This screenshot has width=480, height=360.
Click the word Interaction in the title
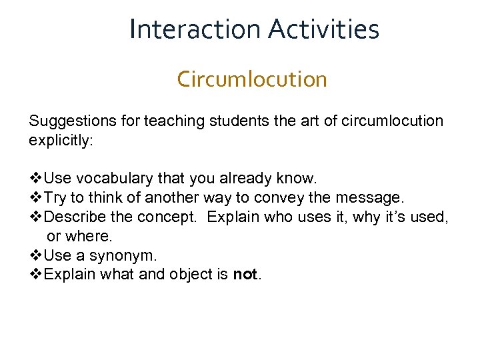(195, 29)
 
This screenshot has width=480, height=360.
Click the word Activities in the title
(324, 29)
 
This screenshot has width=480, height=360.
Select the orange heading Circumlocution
(252, 79)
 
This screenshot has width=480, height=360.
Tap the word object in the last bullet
(199, 275)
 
